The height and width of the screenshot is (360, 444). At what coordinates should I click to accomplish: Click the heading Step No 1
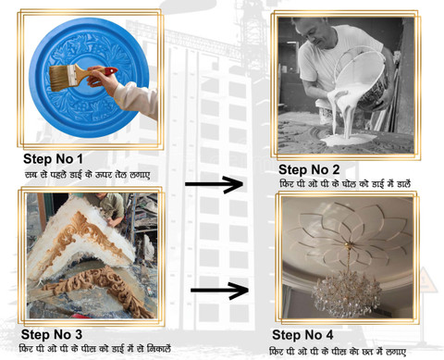tap(53, 159)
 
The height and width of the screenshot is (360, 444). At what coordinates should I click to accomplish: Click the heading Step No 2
tap(309, 169)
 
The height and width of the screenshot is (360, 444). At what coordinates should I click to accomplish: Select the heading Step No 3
tap(52, 335)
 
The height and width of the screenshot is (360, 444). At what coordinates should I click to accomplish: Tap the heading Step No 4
tap(302, 335)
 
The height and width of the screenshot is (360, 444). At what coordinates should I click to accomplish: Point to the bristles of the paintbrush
tap(59, 78)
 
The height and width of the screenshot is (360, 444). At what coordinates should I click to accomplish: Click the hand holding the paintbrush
tap(100, 79)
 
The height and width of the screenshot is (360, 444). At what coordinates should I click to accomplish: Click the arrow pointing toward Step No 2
tap(214, 184)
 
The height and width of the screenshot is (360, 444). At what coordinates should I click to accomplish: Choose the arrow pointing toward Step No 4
tap(219, 291)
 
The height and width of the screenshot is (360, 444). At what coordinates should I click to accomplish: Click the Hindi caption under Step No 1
tap(88, 175)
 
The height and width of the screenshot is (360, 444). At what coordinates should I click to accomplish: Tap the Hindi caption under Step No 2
tap(345, 184)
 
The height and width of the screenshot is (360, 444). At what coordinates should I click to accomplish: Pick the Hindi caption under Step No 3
tap(95, 349)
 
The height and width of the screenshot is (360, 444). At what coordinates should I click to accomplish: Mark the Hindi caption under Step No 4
tap(338, 351)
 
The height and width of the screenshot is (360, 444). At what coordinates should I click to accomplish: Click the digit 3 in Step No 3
tap(79, 335)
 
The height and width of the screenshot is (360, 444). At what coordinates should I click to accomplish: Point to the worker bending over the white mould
tap(108, 207)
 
